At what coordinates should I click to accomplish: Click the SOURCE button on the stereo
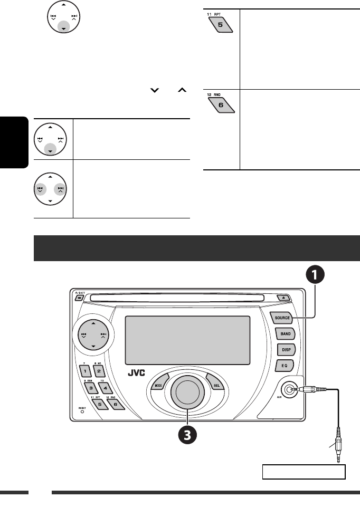(283, 318)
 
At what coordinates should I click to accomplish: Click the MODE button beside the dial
(159, 385)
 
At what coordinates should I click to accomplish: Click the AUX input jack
(288, 391)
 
